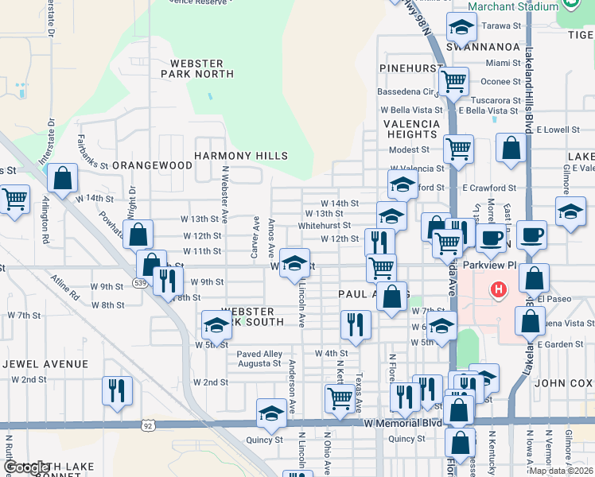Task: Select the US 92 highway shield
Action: click(x=148, y=425)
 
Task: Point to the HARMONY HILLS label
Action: click(x=240, y=156)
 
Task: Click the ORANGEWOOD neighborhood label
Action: click(x=152, y=165)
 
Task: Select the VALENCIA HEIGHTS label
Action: click(x=411, y=130)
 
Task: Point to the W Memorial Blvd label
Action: click(x=402, y=423)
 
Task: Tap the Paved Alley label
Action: click(x=259, y=354)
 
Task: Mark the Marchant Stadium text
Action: click(x=513, y=6)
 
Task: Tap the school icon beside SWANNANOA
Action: click(x=461, y=29)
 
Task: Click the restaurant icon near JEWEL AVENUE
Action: click(x=117, y=390)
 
